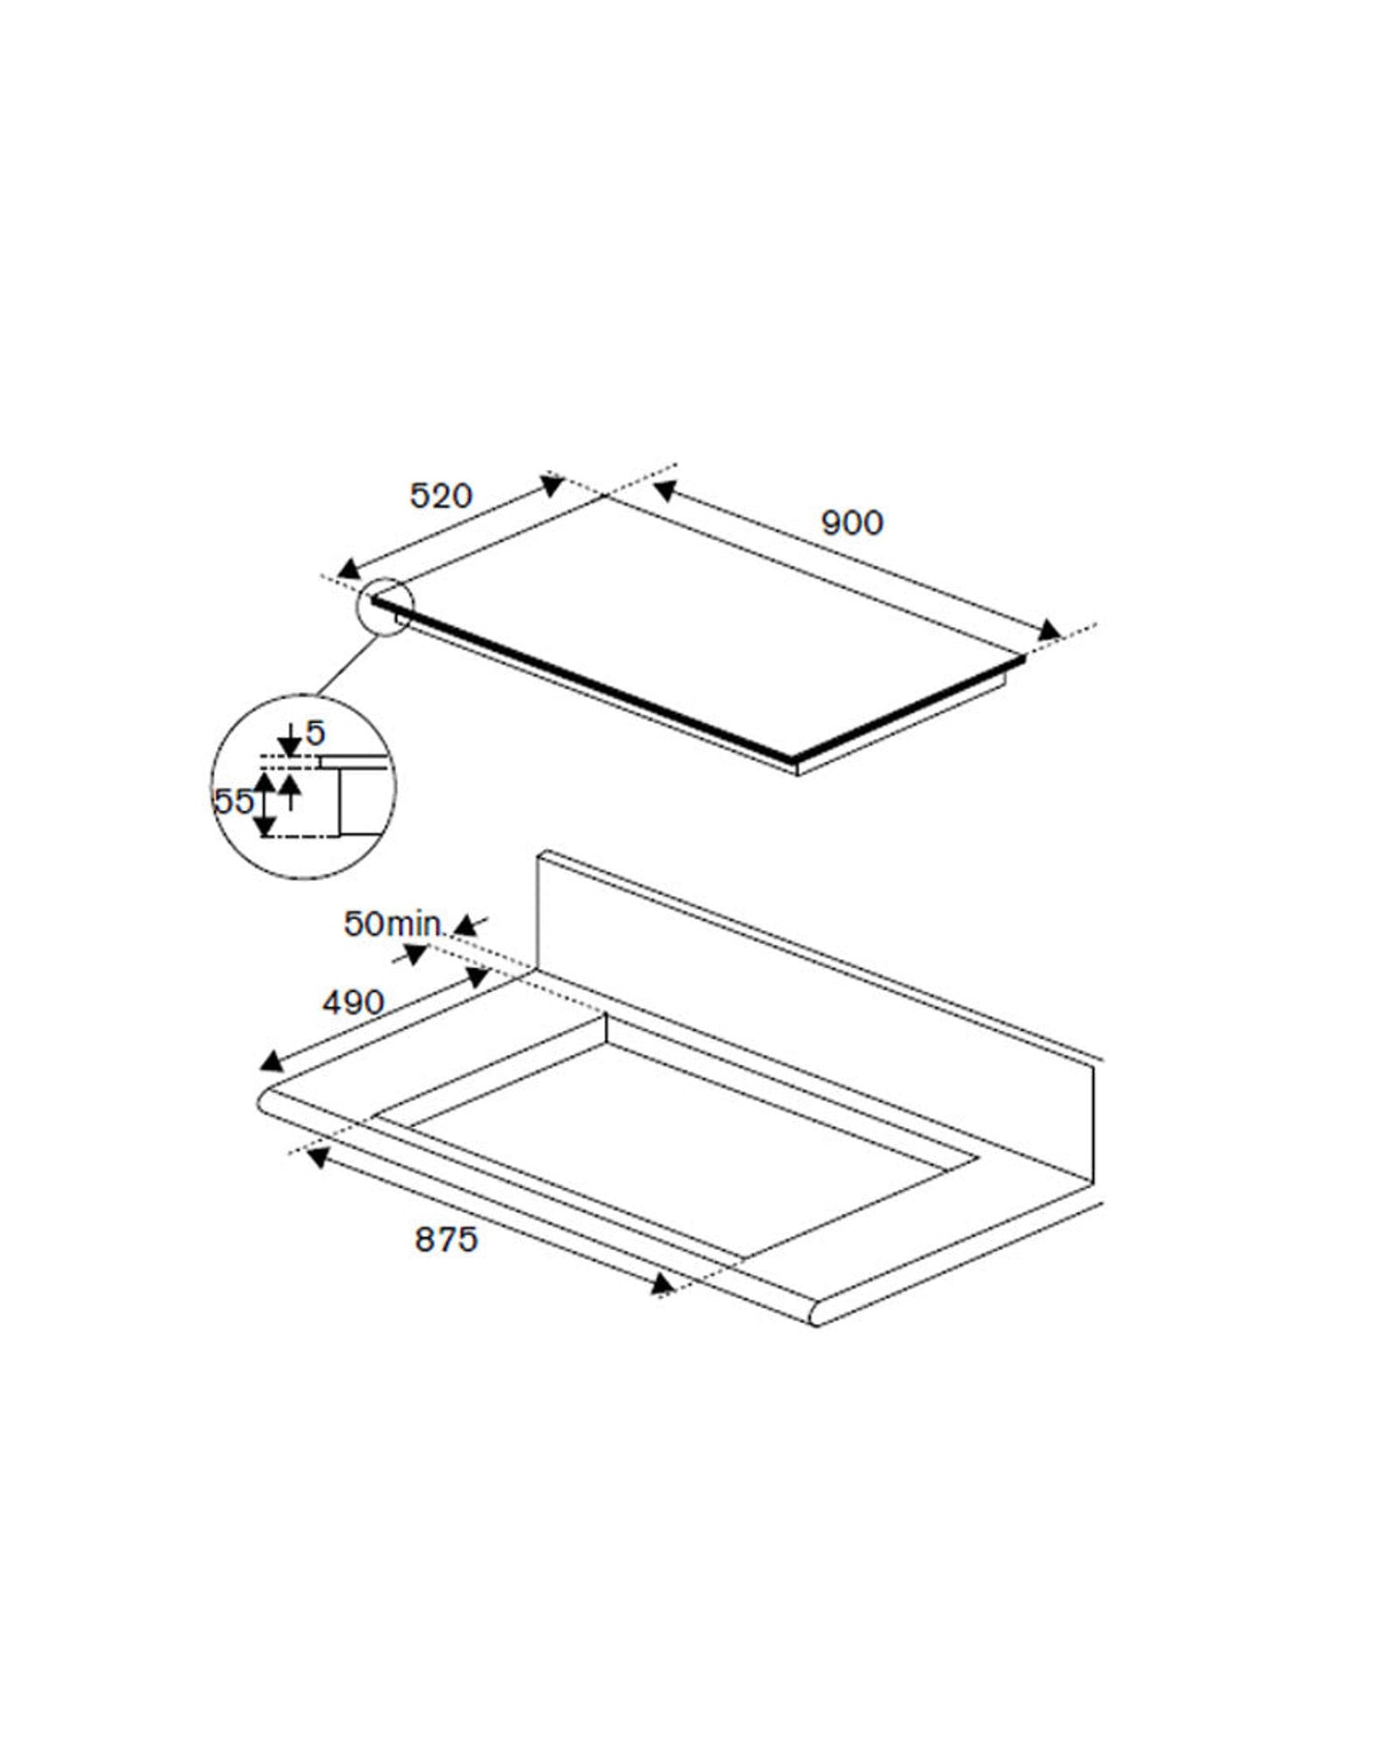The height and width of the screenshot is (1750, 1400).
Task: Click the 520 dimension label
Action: [441, 496]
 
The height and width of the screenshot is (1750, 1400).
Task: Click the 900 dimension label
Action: [852, 523]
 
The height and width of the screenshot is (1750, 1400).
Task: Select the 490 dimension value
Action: [353, 1002]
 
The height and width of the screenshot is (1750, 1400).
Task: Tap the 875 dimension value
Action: [447, 1238]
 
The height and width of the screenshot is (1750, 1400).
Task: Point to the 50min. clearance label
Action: [393, 923]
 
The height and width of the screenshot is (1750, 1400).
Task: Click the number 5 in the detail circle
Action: [316, 734]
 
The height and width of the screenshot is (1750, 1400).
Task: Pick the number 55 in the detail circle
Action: [233, 800]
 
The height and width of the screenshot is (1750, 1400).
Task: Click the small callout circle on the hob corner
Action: [386, 607]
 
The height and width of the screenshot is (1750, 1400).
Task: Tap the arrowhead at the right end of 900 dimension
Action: [1048, 632]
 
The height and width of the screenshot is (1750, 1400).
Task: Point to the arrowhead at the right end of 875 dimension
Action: [663, 1285]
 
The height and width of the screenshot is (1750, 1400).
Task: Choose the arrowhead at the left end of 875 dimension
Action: [316, 1156]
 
